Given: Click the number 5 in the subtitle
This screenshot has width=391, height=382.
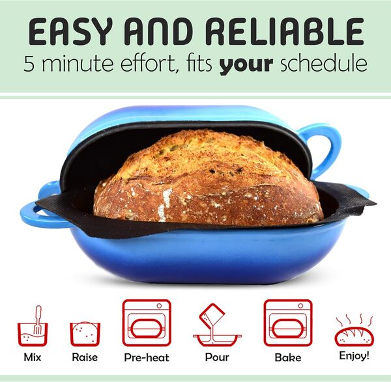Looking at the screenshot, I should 30,64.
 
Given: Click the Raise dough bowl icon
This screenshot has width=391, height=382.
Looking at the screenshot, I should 85,333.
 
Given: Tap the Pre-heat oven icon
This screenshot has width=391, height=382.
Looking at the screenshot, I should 146,323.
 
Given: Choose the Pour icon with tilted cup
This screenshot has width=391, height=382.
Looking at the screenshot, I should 216,326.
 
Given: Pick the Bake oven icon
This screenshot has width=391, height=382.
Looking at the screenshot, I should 287,323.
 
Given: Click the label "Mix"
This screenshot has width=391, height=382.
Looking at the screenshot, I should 32,357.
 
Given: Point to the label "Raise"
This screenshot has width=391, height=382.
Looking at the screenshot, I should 85,357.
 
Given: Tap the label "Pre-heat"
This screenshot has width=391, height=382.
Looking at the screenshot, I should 147,358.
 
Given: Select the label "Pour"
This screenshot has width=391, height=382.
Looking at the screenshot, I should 217,357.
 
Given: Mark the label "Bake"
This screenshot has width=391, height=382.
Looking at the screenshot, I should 287,357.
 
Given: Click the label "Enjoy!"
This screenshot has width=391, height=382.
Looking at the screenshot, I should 354,356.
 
